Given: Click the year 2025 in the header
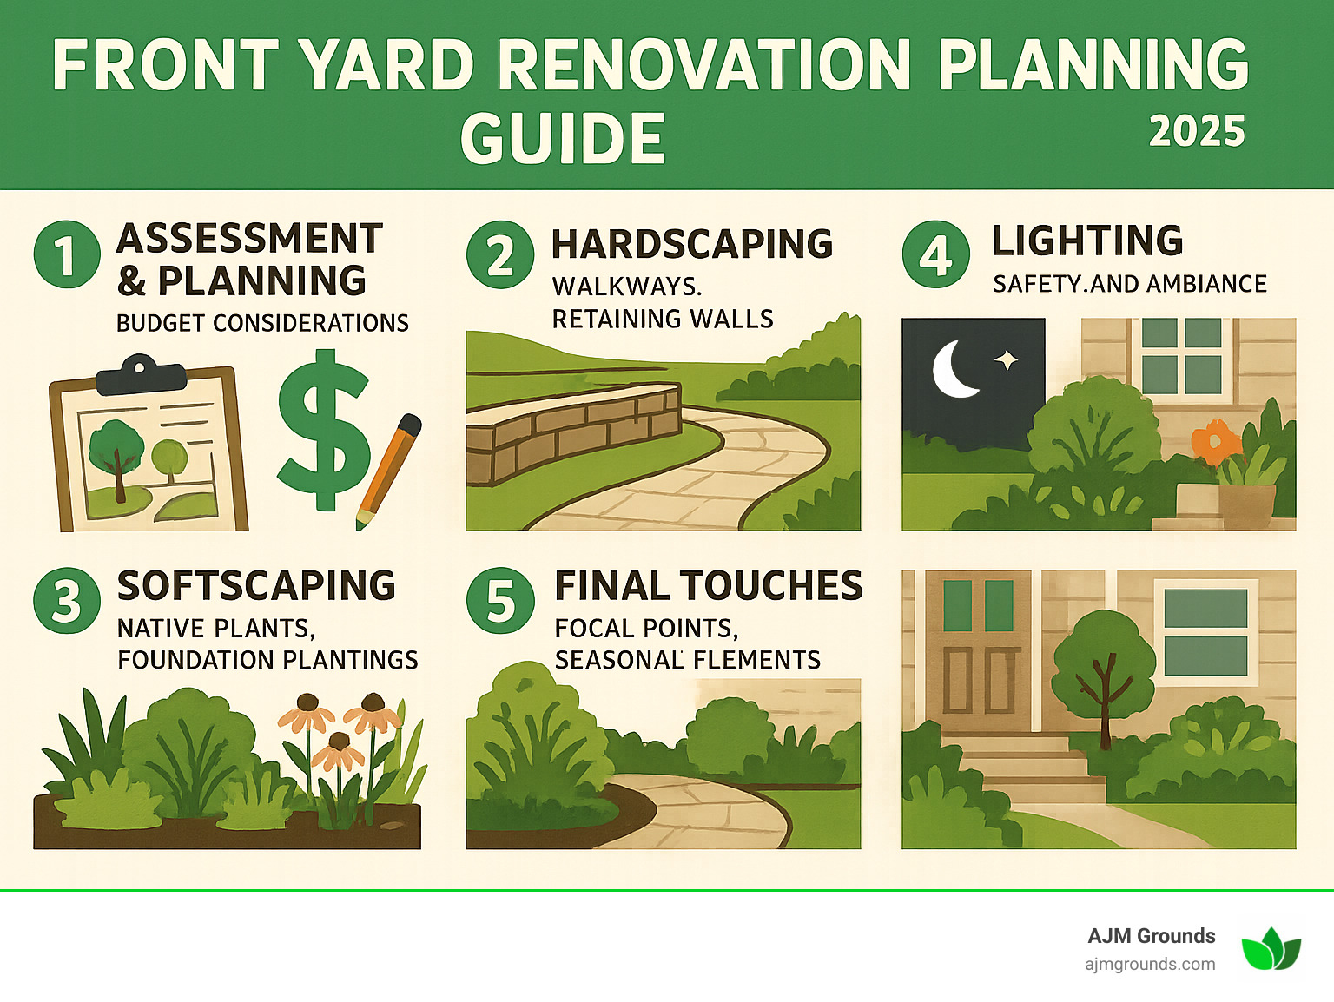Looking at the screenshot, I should (x=1197, y=132).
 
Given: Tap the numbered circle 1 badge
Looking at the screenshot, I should (x=67, y=254).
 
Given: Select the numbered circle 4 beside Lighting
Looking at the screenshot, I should (x=935, y=254).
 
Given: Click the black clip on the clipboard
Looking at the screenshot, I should (x=141, y=375).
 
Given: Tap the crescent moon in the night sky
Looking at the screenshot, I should (x=953, y=368).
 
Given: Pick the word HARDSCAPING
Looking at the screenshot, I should (x=692, y=245).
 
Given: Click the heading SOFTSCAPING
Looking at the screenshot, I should (x=256, y=586).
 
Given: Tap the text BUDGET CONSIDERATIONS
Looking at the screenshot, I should (x=262, y=323).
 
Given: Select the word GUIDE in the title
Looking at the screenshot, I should (x=563, y=139).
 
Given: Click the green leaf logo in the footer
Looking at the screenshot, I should (x=1271, y=948).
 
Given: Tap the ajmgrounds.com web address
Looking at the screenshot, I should (x=1150, y=964).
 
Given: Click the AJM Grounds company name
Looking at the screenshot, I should (x=1151, y=936).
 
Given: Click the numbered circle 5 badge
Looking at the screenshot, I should (x=500, y=601).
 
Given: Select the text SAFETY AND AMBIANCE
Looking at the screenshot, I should (x=1129, y=284).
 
